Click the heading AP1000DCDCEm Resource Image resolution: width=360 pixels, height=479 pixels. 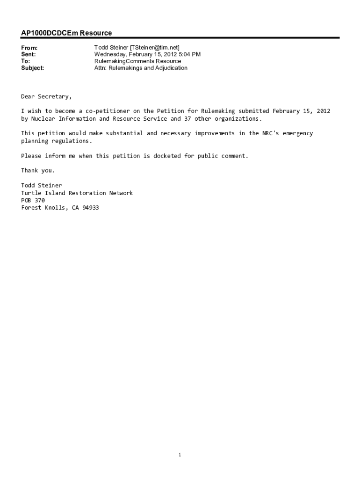(x=66, y=33)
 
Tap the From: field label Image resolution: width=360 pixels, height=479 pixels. (x=29, y=48)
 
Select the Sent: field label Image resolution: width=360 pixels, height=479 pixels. (x=28, y=55)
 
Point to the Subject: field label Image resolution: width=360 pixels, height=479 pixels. (x=33, y=68)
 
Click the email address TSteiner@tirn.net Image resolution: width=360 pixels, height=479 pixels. (x=155, y=48)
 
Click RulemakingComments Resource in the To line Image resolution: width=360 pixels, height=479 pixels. (x=137, y=61)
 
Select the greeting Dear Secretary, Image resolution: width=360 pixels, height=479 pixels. (x=46, y=97)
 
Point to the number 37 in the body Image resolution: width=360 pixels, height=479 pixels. (x=187, y=119)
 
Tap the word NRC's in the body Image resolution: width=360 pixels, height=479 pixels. (x=270, y=133)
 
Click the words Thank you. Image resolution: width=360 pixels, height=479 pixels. (x=38, y=170)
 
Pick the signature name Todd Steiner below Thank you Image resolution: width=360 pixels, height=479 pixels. (x=41, y=185)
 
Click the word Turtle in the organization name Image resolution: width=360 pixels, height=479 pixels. (x=31, y=193)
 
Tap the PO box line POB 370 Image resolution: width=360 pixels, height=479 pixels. (x=33, y=200)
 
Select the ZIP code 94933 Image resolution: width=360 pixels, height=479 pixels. (x=90, y=208)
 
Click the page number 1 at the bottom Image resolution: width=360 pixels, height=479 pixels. (x=180, y=455)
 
